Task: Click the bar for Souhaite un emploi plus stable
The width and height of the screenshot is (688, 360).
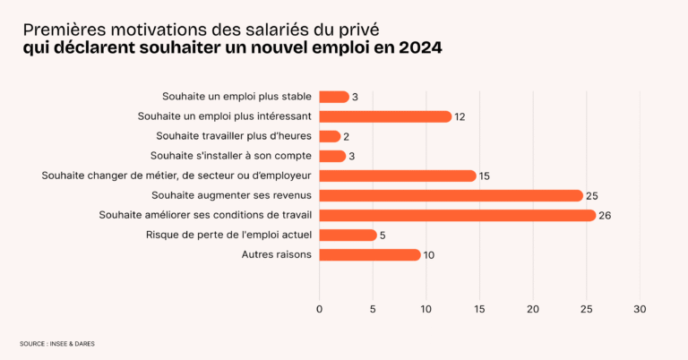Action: [334, 97]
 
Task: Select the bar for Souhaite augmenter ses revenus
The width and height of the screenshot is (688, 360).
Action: [451, 195]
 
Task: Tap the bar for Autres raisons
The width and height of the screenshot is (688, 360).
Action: [370, 255]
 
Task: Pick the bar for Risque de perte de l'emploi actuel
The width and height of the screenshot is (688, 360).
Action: [348, 236]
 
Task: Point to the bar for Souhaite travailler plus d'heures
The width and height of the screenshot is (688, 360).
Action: [330, 136]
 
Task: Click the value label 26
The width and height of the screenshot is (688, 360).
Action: [605, 216]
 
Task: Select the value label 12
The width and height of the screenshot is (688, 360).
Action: [460, 116]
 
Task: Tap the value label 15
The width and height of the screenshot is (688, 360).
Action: [485, 176]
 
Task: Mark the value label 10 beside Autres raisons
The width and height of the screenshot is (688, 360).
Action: [430, 255]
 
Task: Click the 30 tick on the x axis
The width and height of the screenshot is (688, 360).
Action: [640, 309]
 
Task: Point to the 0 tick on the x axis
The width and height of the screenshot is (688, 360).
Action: [320, 309]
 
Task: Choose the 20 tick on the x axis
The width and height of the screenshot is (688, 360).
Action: [533, 309]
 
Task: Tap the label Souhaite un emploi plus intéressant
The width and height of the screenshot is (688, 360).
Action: [225, 116]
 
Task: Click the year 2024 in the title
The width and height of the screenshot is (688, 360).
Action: [417, 47]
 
